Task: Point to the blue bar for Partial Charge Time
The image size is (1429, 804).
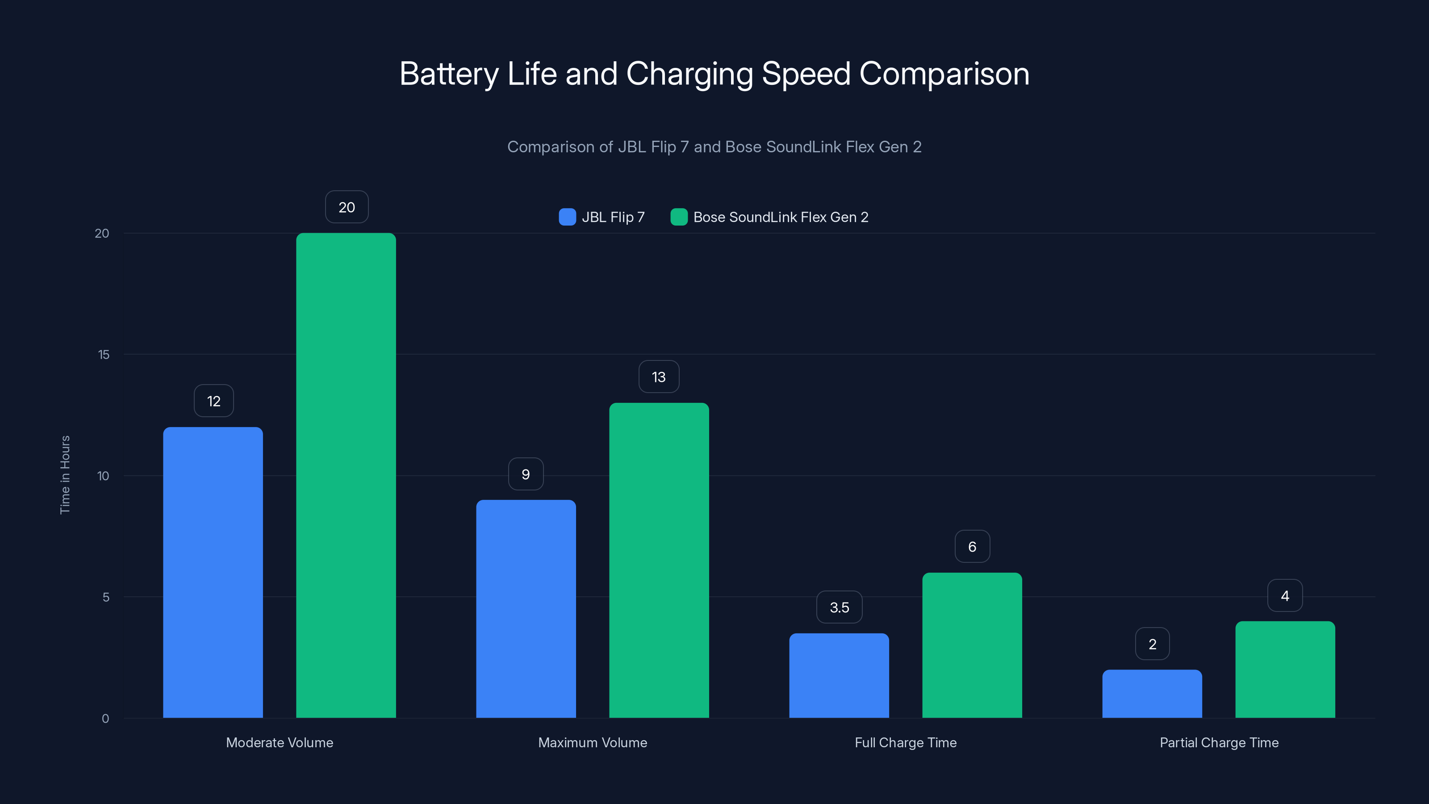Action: [x=1152, y=694]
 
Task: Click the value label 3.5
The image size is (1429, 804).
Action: [x=840, y=607]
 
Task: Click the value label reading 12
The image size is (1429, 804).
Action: [x=213, y=401]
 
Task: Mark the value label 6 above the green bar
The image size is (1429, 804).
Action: [x=972, y=547]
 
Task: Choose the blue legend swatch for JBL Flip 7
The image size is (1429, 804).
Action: [x=567, y=217]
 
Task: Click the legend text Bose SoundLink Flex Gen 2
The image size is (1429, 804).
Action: [x=781, y=217]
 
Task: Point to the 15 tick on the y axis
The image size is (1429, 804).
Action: [x=104, y=355]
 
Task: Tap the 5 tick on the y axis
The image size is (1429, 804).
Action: [x=106, y=597]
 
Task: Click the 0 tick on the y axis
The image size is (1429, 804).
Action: [x=105, y=719]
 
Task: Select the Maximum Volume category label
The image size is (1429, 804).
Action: [x=593, y=742]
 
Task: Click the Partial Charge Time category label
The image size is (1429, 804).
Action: [x=1219, y=742]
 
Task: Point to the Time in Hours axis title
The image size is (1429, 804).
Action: [x=65, y=475]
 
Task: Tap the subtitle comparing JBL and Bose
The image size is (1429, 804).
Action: [x=714, y=147]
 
